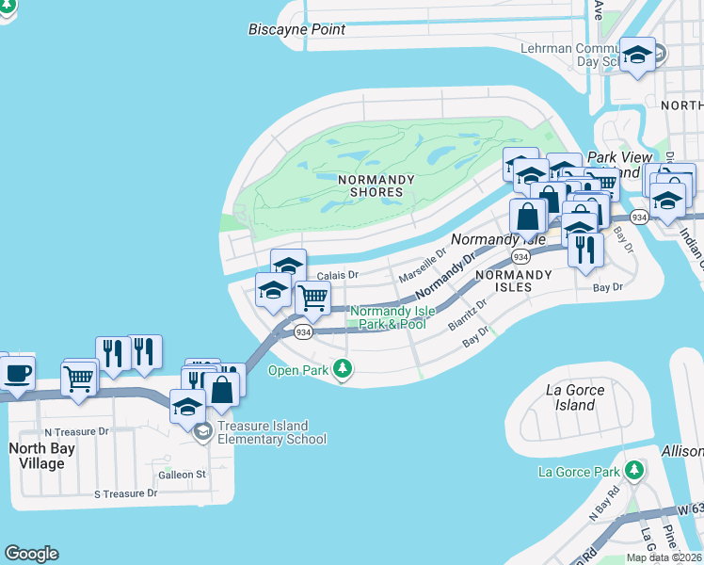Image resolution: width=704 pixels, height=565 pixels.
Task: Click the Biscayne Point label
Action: [x=296, y=29]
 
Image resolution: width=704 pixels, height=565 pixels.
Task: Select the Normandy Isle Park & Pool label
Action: [x=388, y=317]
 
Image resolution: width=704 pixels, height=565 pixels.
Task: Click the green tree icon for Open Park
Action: [x=344, y=370]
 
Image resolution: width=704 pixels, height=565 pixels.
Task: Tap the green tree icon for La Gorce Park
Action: [x=634, y=470]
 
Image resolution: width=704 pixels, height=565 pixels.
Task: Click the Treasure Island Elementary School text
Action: [x=272, y=432]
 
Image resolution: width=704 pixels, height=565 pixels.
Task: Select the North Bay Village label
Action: [x=37, y=456]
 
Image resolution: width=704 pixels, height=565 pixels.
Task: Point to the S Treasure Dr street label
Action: [x=125, y=493]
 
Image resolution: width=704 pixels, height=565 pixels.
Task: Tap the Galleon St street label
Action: [x=184, y=475]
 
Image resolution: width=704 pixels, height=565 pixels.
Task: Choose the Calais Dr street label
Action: [x=338, y=275]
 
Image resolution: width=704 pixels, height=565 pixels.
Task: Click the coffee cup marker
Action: [x=17, y=373]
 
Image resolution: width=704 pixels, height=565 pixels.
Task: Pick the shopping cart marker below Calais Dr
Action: [x=312, y=299]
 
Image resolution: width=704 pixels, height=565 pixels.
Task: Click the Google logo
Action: [x=31, y=554]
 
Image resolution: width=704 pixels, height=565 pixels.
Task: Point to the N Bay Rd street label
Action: [x=604, y=503]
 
